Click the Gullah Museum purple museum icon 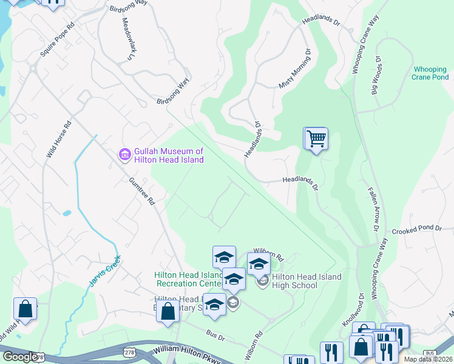click(124, 155)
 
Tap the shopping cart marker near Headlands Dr click(316, 139)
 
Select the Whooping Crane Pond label click(430, 73)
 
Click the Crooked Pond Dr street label click(416, 228)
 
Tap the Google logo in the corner click(20, 357)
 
